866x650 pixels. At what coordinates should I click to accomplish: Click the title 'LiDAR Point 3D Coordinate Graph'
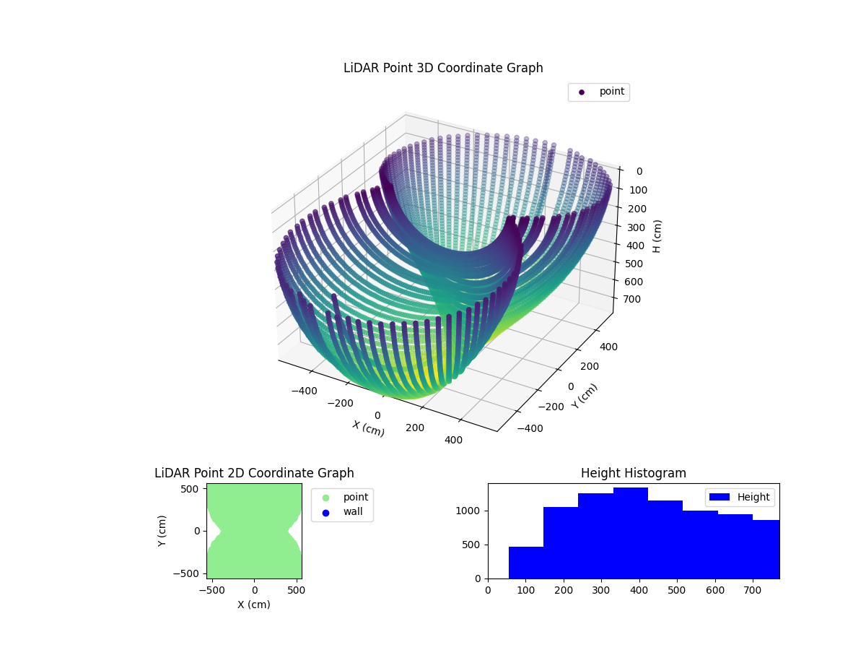click(x=443, y=68)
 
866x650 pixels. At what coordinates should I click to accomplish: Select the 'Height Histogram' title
click(x=633, y=473)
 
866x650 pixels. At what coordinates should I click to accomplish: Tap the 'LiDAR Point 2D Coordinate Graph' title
click(x=254, y=473)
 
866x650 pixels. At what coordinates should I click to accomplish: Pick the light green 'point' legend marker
click(x=325, y=498)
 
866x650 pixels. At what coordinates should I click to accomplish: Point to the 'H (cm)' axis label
click(x=657, y=235)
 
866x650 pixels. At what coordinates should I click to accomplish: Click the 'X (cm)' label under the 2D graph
click(x=254, y=604)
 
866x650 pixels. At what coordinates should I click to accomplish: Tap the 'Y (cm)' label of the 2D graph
click(x=162, y=531)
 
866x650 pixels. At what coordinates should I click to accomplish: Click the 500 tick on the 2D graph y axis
click(x=191, y=489)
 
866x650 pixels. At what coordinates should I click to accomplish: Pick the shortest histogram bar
click(x=526, y=563)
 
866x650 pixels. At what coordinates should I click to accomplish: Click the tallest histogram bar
click(x=631, y=533)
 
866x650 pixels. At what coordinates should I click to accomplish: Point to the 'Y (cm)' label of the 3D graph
click(x=585, y=396)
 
